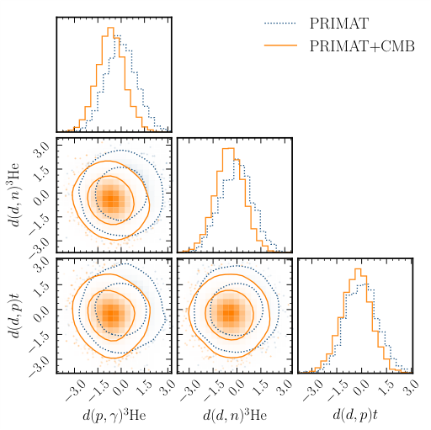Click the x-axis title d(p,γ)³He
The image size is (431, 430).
(114, 415)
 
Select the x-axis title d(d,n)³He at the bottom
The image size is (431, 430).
(234, 415)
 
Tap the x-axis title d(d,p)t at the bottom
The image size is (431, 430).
(355, 415)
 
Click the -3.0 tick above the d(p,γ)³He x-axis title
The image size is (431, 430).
(72, 389)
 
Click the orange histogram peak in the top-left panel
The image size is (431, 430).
(109, 29)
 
